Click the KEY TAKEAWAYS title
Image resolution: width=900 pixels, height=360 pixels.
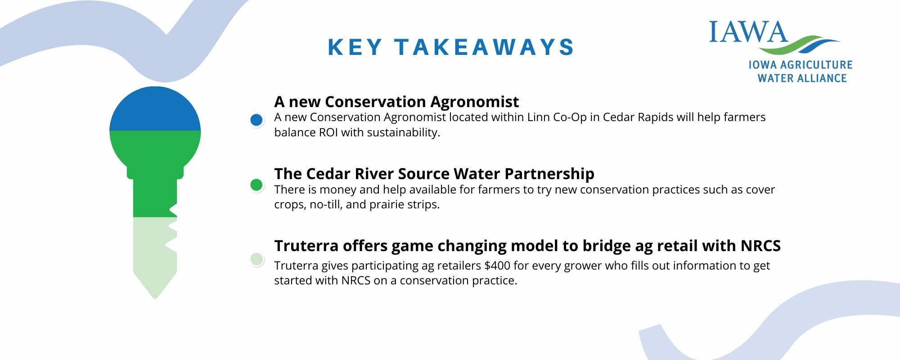tap(451, 47)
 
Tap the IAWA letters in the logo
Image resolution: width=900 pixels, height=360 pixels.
tap(748, 31)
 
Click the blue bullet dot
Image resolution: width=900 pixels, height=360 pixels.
tap(256, 120)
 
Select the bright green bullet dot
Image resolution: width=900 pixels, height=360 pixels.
tap(256, 185)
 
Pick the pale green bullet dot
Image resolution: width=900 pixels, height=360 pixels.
tap(256, 259)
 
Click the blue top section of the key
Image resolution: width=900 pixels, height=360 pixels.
tap(155, 109)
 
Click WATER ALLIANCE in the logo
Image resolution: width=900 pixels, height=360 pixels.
tap(802, 78)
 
